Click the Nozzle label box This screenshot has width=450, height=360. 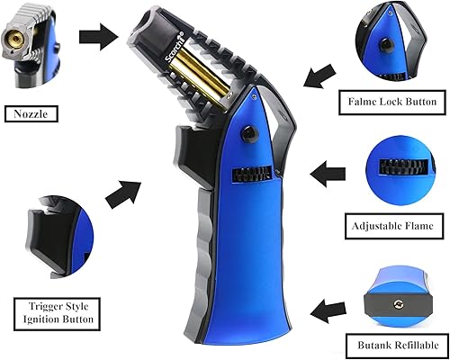click(31, 114)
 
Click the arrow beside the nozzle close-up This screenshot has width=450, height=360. click(97, 36)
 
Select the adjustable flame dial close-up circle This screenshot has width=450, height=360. click(392, 166)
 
